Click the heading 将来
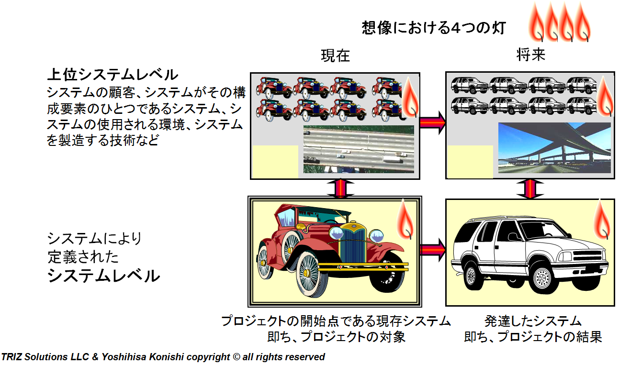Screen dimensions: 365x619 pos(531,55)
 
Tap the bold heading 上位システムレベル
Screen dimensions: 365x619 pos(113,75)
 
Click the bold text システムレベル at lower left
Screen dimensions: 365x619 pos(103,276)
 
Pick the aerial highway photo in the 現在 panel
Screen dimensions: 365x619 pos(359,149)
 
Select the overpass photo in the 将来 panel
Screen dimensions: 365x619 pos(554,148)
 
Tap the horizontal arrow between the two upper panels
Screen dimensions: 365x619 pos(433,122)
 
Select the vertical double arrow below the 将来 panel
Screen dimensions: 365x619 pos(531,188)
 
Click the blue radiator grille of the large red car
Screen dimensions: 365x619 pos(351,242)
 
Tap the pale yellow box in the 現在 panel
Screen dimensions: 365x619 pos(275,161)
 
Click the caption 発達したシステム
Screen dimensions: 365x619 pos(532,321)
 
